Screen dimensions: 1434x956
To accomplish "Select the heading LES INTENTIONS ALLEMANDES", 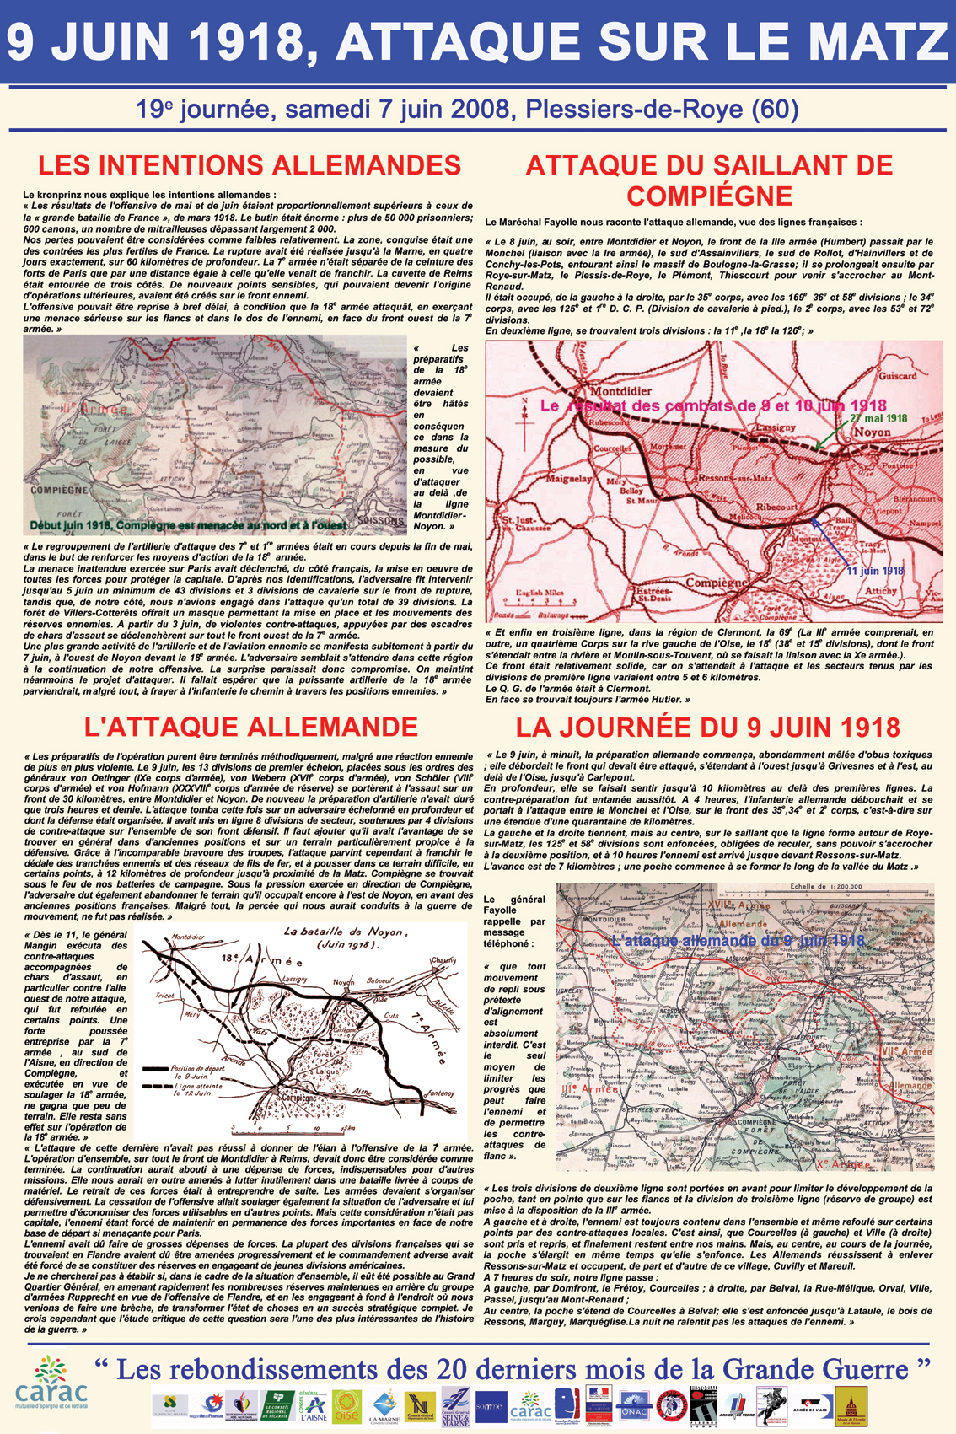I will pos(250,164).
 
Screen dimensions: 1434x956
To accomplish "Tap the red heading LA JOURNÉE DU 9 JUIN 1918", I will pos(708,727).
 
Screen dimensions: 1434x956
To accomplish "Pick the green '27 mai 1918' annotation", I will pos(878,417).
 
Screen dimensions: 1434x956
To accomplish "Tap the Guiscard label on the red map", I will pos(897,375).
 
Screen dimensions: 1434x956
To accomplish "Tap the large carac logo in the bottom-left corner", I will pos(51,1383).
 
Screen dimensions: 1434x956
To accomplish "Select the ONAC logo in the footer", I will pos(634,1405).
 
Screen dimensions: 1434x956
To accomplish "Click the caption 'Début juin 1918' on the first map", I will pos(187,525).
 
